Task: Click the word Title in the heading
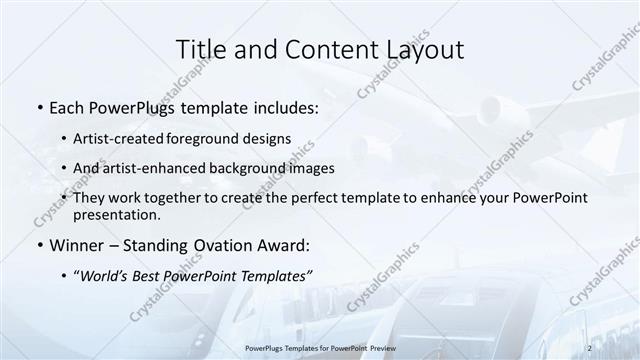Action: [x=201, y=48]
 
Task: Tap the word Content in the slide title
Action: [x=319, y=48]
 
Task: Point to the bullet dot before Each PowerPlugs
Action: [x=38, y=107]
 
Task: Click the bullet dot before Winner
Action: [x=38, y=245]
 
